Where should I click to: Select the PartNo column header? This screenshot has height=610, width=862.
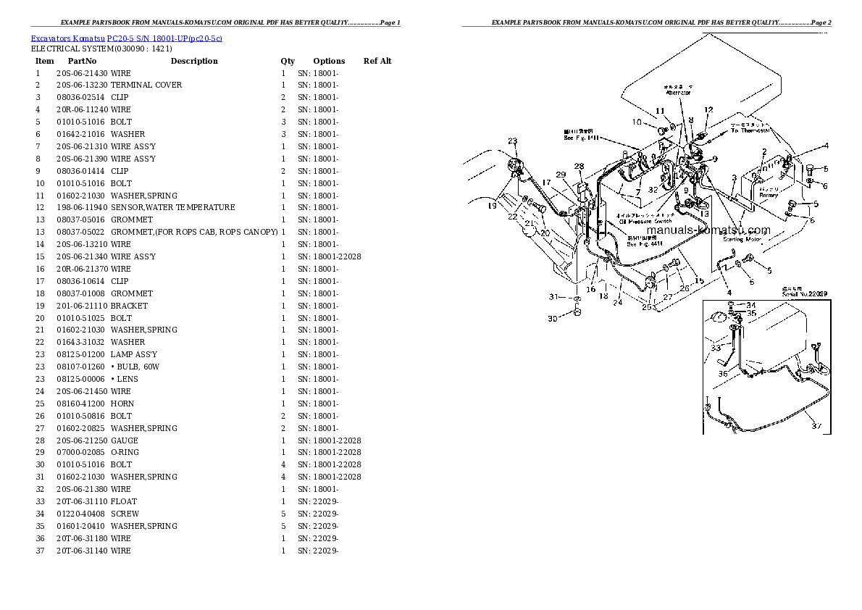click(x=82, y=61)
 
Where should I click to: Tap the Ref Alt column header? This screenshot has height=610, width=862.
click(x=377, y=61)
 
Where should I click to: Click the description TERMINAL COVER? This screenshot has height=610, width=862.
click(x=146, y=85)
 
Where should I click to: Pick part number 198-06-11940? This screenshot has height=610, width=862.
click(x=80, y=207)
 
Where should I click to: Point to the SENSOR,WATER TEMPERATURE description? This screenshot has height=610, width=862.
click(x=172, y=207)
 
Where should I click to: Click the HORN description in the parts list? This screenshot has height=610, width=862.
click(x=122, y=404)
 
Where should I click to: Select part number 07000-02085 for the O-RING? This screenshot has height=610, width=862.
click(x=80, y=452)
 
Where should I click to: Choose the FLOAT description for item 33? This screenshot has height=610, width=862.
click(x=124, y=501)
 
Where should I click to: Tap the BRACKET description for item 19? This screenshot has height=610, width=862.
click(x=129, y=306)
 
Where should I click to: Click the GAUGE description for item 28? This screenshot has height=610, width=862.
click(x=124, y=440)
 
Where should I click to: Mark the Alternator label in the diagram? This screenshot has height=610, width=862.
click(x=678, y=93)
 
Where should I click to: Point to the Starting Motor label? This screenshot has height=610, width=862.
click(x=742, y=238)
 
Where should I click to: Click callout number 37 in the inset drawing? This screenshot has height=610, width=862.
click(x=816, y=426)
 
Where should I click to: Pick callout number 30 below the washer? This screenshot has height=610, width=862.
click(x=552, y=319)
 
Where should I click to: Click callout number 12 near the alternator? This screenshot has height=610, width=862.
click(x=708, y=110)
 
